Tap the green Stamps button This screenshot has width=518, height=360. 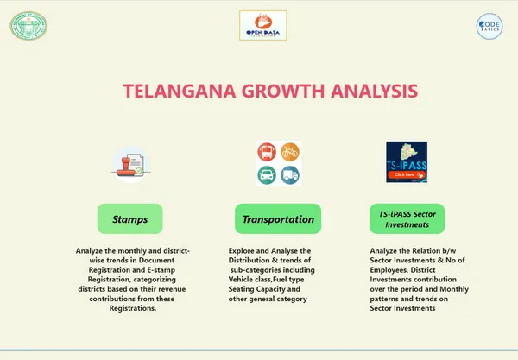(130, 219)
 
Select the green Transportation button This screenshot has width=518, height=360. (278, 219)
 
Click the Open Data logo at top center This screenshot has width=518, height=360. (262, 26)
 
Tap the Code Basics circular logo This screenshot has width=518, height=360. (490, 27)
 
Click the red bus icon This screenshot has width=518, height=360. (266, 152)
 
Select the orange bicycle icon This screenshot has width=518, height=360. (290, 152)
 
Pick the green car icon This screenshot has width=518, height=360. (266, 175)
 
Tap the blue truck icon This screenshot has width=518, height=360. (290, 175)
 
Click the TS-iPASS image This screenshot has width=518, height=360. (406, 162)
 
